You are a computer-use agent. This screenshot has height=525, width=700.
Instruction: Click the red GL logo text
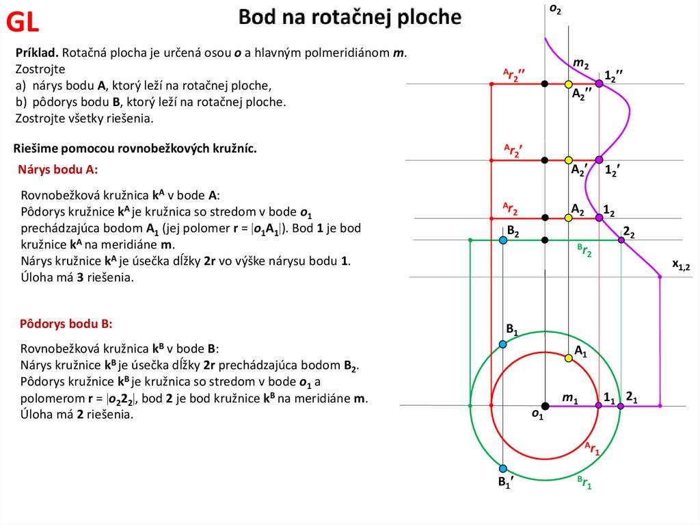[x=23, y=23]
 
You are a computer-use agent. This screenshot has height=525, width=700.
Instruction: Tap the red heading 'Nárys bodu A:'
[x=58, y=170]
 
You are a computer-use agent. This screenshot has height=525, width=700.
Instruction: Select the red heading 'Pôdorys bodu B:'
[x=66, y=323]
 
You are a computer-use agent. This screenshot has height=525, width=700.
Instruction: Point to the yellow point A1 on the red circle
[x=568, y=357]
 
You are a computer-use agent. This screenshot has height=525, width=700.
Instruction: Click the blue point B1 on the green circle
[x=503, y=344]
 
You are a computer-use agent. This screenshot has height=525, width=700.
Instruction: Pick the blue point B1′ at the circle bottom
[x=503, y=469]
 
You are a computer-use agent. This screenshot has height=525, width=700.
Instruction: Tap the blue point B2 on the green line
[x=503, y=240]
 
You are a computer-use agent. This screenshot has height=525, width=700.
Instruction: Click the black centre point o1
[x=545, y=406]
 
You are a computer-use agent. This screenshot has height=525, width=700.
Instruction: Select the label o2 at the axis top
[x=555, y=9]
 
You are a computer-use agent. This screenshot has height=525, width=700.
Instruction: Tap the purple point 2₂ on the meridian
[x=621, y=240]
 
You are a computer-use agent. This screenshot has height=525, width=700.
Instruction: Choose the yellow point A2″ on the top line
[x=568, y=84]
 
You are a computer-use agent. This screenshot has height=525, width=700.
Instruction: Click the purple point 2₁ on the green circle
[x=620, y=406]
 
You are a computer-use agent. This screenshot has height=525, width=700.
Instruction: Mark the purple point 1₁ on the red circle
[x=598, y=406]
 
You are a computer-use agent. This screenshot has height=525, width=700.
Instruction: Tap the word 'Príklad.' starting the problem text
[x=38, y=53]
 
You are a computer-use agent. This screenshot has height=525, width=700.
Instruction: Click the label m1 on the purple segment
[x=570, y=398]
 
